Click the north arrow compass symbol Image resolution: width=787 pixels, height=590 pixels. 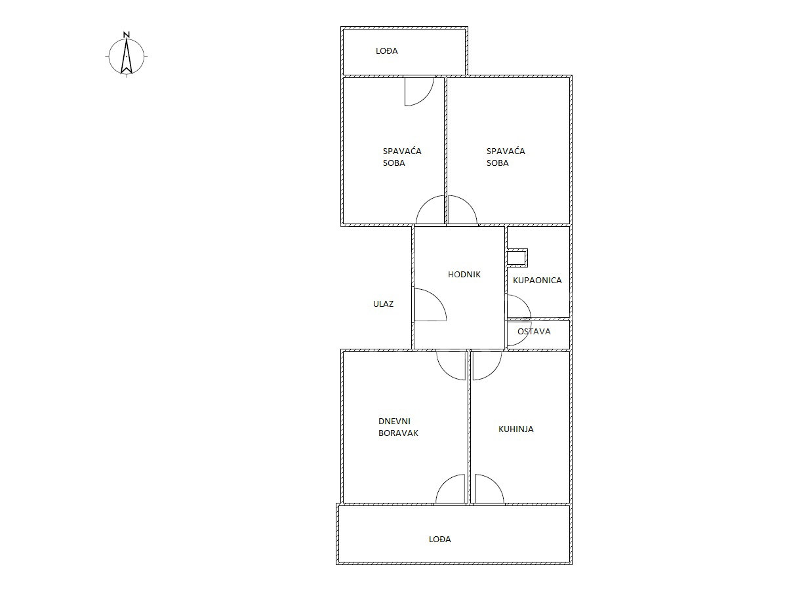[x=126, y=56]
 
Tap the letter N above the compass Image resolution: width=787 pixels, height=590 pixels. [x=126, y=35]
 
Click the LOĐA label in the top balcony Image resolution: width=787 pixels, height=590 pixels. [x=386, y=51]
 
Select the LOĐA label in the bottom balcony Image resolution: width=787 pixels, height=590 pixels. [x=439, y=539]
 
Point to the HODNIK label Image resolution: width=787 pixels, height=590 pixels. [x=464, y=275]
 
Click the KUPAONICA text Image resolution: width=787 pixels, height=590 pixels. [x=537, y=280]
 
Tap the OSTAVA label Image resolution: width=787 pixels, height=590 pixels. [x=534, y=331]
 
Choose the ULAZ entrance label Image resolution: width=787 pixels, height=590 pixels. [x=383, y=304]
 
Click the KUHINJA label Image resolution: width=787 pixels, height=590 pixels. [x=516, y=429]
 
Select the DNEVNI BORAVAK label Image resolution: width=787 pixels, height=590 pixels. [x=398, y=427]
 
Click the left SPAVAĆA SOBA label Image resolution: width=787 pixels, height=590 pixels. [x=402, y=157]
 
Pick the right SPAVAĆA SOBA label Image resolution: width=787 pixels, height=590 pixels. [x=506, y=157]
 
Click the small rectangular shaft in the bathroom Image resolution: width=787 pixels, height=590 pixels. [x=517, y=258]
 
